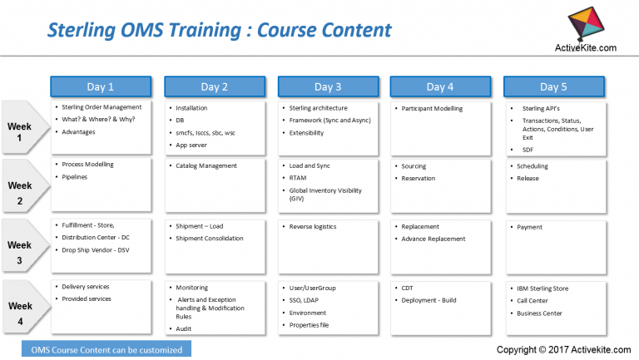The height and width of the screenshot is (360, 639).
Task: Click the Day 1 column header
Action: (101, 86)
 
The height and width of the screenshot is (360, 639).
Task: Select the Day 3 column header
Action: (328, 86)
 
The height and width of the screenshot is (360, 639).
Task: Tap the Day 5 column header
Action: (554, 86)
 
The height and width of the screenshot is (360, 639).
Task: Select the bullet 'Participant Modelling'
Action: (432, 108)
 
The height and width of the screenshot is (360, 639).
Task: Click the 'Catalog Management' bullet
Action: (207, 166)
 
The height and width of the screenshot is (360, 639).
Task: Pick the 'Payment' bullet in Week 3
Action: (530, 227)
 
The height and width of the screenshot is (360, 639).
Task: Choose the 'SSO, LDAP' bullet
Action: (308, 300)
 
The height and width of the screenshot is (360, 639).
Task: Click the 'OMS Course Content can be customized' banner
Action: (106, 350)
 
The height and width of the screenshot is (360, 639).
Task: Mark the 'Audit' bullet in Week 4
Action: (186, 328)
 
